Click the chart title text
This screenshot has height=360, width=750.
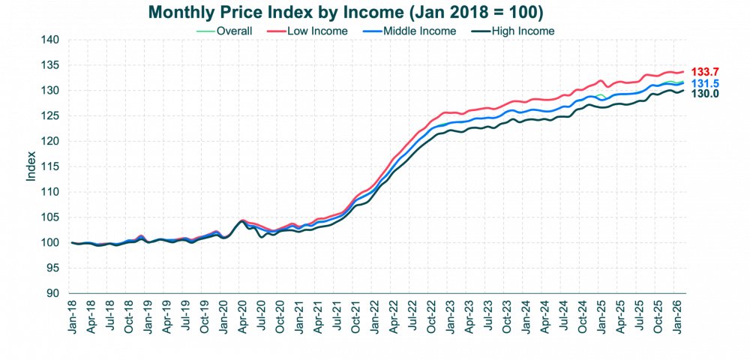click(345, 13)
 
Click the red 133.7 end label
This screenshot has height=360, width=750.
click(706, 71)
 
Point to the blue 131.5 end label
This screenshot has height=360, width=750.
click(706, 83)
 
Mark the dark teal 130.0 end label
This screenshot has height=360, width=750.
click(706, 94)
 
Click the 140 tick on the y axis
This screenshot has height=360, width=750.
click(50, 40)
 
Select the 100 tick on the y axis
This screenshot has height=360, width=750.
click(50, 243)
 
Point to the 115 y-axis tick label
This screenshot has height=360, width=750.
click(50, 166)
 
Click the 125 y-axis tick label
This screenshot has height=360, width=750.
click(50, 116)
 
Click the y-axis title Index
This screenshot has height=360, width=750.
click(31, 166)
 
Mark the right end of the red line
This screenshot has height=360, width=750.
click(683, 71)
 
